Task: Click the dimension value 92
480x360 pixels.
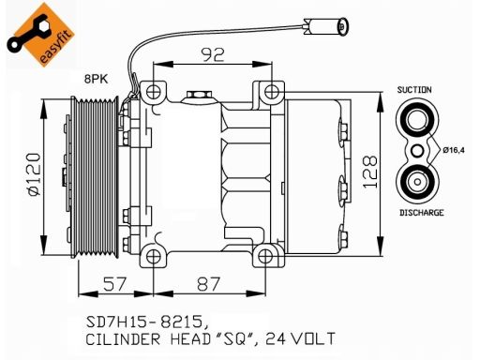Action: (x=213, y=54)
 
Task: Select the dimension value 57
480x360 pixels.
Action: (x=114, y=284)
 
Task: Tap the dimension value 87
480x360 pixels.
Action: (x=208, y=284)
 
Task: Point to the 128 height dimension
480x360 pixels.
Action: (x=370, y=172)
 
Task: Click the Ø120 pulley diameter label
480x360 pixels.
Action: (x=35, y=174)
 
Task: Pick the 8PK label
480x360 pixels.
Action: (x=96, y=79)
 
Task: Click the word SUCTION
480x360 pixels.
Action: (x=414, y=90)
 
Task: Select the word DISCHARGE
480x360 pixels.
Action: (x=422, y=213)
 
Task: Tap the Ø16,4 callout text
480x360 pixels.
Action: (x=454, y=150)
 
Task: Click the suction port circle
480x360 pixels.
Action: (x=417, y=120)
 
